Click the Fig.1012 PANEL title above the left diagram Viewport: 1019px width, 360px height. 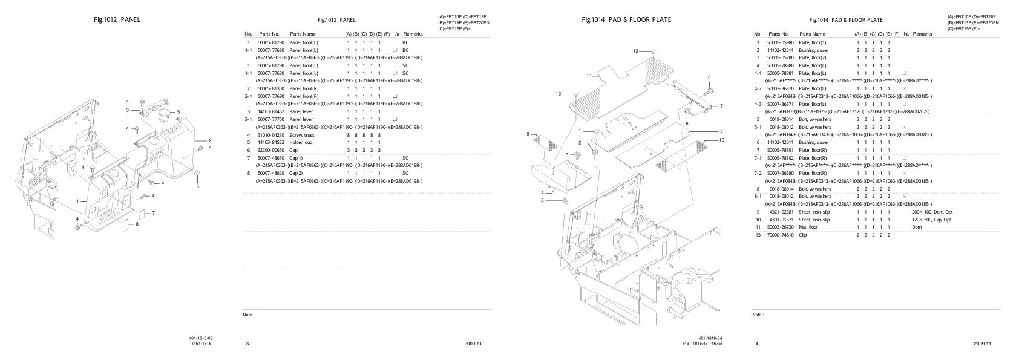click(x=117, y=19)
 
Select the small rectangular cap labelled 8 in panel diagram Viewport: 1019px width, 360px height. click(x=126, y=224)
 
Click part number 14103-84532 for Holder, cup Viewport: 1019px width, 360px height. click(x=270, y=142)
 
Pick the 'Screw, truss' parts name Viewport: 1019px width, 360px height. click(x=302, y=135)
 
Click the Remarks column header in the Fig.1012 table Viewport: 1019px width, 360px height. click(x=413, y=34)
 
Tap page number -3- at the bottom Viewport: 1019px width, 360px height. click(x=247, y=344)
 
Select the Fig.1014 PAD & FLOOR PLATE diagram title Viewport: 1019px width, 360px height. click(x=626, y=19)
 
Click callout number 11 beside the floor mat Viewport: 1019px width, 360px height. click(x=589, y=76)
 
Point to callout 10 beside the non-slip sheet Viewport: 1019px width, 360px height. click(x=721, y=140)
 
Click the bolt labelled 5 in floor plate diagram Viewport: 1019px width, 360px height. click(x=575, y=155)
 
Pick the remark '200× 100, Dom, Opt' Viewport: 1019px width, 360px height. click(x=932, y=212)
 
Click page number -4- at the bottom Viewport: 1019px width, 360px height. click(x=757, y=344)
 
